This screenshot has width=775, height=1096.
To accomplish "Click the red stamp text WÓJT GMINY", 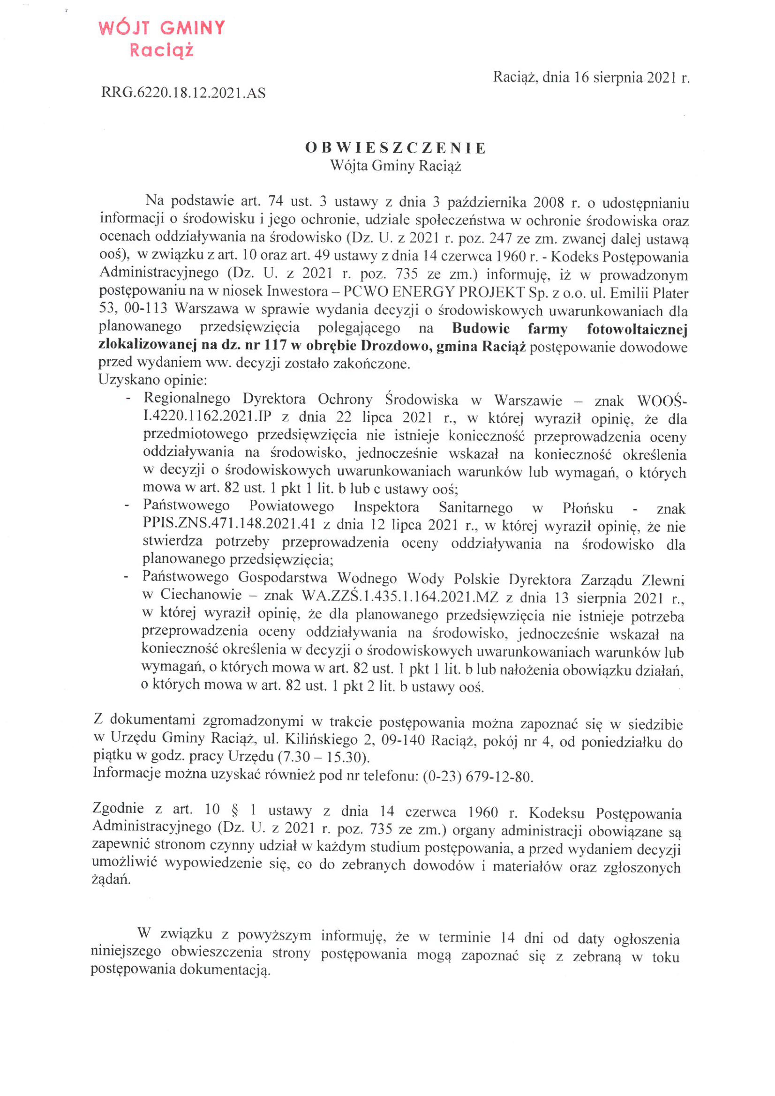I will [161, 29].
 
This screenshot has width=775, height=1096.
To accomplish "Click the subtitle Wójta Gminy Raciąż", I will [395, 166].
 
